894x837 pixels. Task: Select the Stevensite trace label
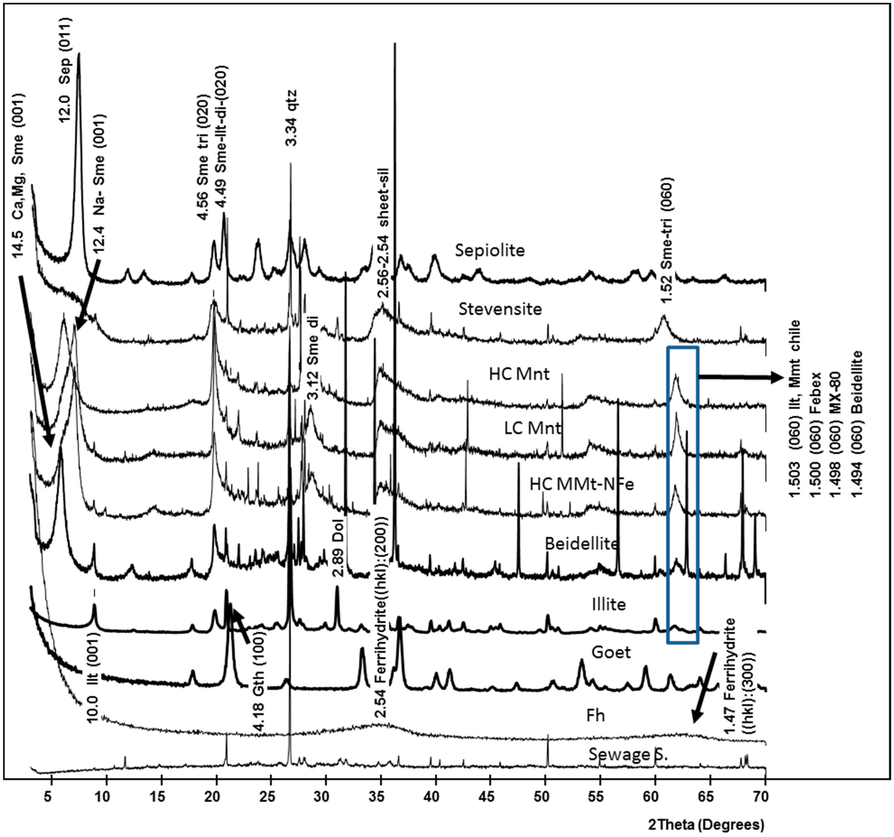click(500, 309)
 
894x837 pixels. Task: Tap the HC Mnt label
click(519, 374)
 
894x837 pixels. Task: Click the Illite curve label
click(608, 604)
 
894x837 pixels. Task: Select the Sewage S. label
click(628, 754)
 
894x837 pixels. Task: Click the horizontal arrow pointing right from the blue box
click(740, 378)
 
